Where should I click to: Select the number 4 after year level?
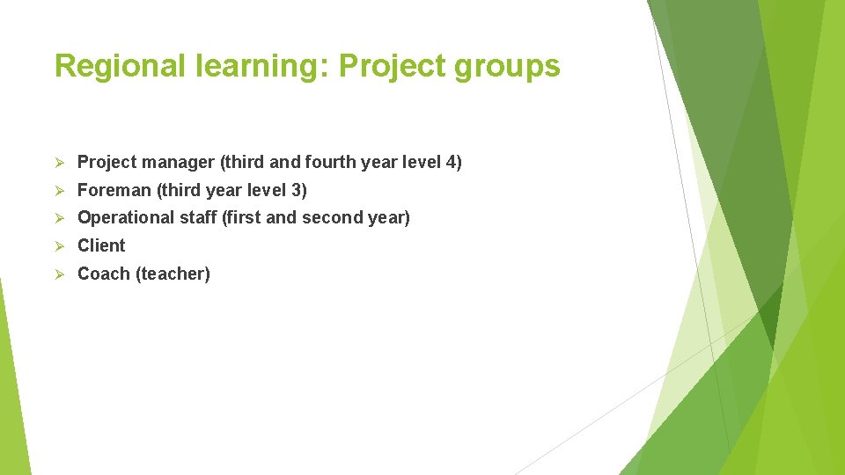450,162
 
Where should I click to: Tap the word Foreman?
114,190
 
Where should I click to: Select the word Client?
101,245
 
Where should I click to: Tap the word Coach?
104,274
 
